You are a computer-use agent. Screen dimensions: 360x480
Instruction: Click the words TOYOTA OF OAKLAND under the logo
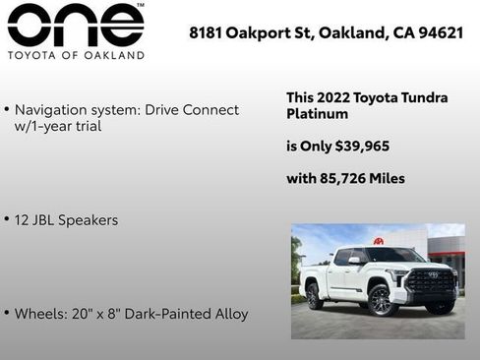pyautogui.click(x=75, y=55)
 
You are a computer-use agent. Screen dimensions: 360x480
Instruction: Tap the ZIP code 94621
pyautogui.click(x=442, y=32)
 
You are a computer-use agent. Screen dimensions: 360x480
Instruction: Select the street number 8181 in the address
pyautogui.click(x=206, y=32)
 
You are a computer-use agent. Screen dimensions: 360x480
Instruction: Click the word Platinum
pyautogui.click(x=317, y=114)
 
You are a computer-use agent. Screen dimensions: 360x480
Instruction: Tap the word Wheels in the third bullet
pyautogui.click(x=38, y=314)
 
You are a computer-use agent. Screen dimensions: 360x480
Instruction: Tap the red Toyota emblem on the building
pyautogui.click(x=378, y=241)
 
